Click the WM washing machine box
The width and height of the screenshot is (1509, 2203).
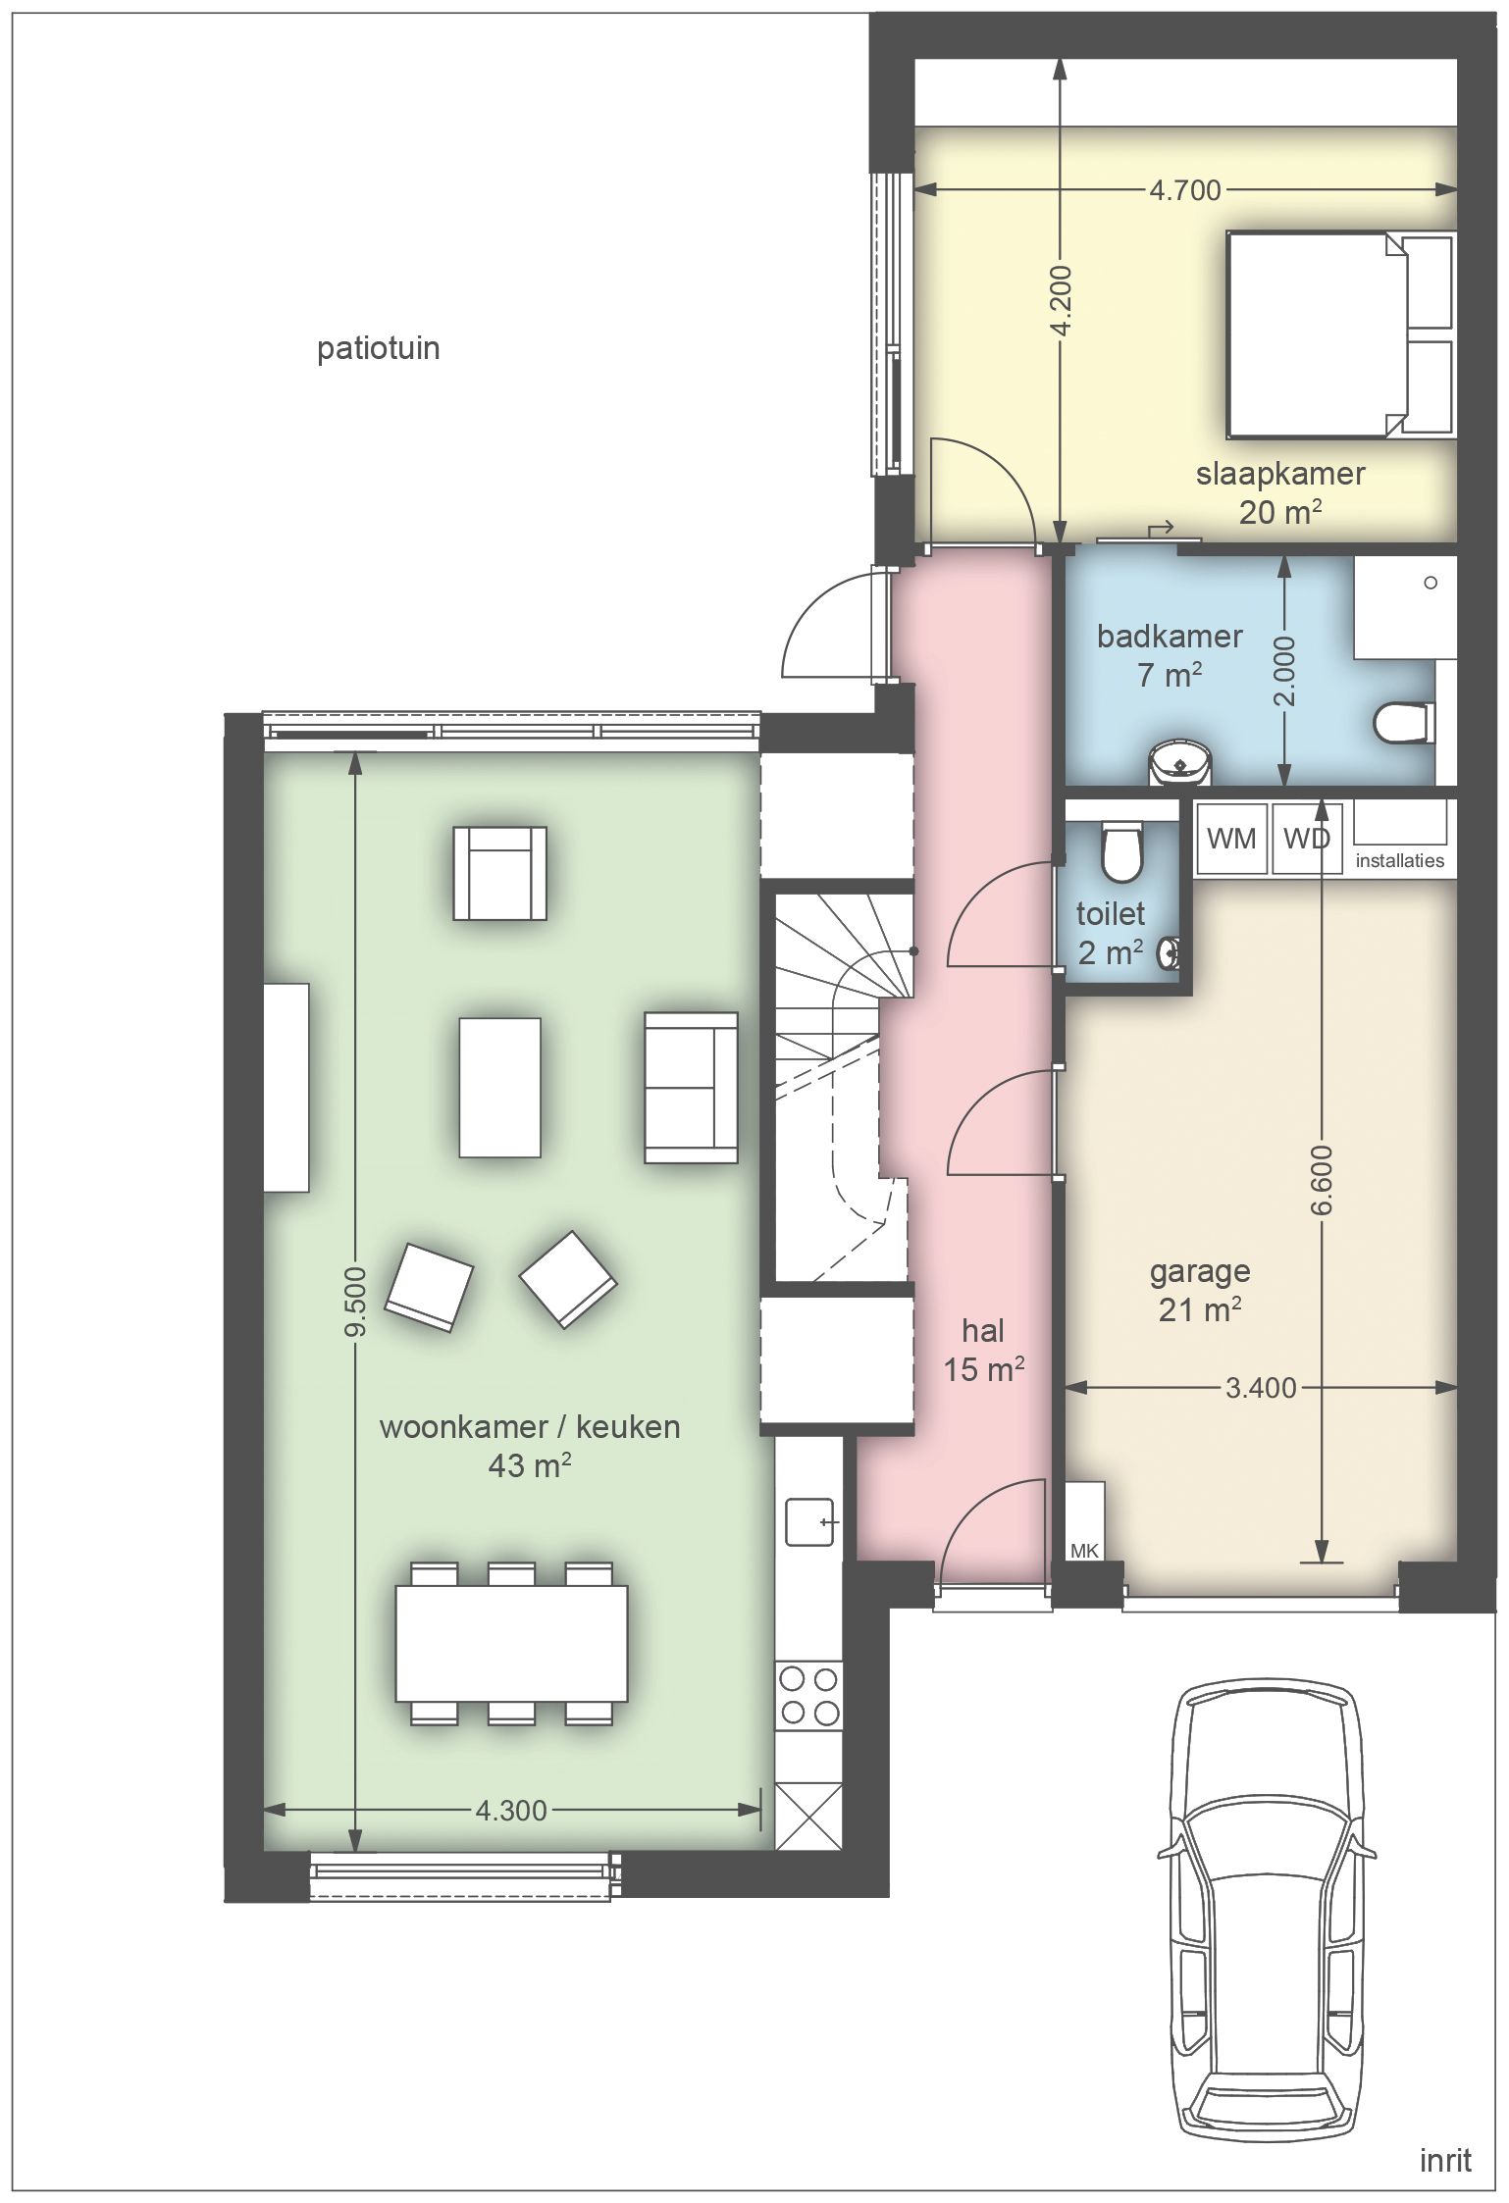click(1231, 838)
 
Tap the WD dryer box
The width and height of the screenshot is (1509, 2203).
click(1308, 838)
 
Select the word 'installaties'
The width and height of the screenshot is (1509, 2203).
click(1399, 860)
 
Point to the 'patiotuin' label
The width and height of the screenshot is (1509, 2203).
click(378, 348)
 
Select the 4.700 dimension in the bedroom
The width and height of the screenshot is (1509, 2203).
click(1185, 189)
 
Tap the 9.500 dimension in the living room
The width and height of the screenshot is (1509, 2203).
click(355, 1301)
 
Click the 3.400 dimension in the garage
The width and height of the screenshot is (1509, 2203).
click(1261, 1387)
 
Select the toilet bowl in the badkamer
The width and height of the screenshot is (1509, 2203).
click(1403, 723)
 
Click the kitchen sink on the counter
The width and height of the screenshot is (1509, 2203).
click(809, 1521)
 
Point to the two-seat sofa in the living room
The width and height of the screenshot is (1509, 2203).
click(691, 1088)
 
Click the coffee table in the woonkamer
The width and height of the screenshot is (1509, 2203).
click(499, 1088)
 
